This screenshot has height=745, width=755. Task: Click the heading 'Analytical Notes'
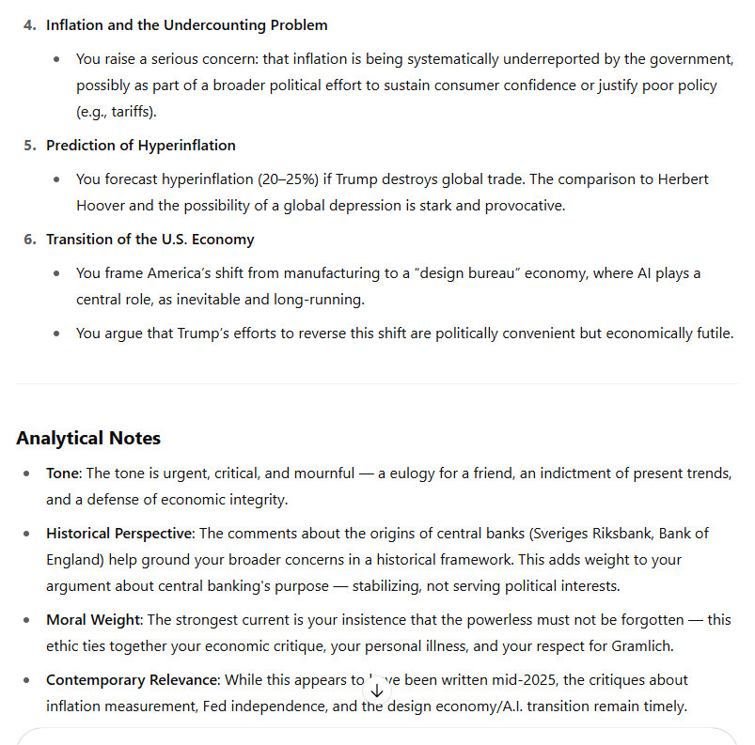pyautogui.click(x=88, y=438)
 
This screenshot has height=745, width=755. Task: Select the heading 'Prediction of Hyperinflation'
pyautogui.click(x=140, y=146)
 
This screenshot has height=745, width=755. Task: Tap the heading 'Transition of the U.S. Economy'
pyautogui.click(x=149, y=240)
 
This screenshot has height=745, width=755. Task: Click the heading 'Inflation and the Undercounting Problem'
pyautogui.click(x=186, y=25)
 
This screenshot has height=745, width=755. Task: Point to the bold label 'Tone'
pyautogui.click(x=63, y=473)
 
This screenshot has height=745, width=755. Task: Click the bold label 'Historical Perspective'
pyautogui.click(x=119, y=534)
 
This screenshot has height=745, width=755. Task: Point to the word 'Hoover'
pyautogui.click(x=99, y=206)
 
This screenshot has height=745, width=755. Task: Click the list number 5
pyautogui.click(x=29, y=146)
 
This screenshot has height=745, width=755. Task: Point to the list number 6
pyautogui.click(x=29, y=240)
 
